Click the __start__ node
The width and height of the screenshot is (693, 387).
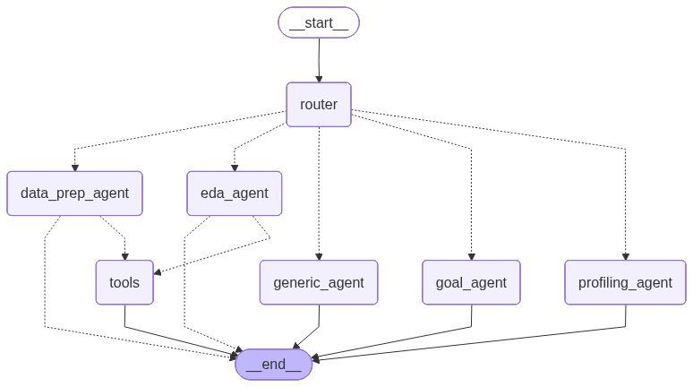(x=319, y=22)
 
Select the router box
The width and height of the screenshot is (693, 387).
(x=319, y=105)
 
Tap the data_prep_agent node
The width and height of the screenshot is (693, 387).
(x=74, y=193)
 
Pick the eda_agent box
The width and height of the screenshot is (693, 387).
(x=234, y=193)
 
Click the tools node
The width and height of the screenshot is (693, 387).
(x=124, y=282)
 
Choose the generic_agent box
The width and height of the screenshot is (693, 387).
(x=319, y=282)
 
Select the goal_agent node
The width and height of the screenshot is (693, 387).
(x=471, y=282)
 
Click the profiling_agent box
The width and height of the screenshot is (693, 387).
(x=625, y=282)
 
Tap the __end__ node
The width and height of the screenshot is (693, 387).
(x=273, y=364)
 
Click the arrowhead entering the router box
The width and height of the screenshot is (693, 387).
(x=319, y=79)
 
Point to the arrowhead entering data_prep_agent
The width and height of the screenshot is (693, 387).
(x=74, y=168)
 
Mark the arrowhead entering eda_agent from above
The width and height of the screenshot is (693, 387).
(x=235, y=168)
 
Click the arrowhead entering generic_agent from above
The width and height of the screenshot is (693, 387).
(x=319, y=256)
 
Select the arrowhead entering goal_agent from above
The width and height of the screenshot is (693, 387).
(x=471, y=256)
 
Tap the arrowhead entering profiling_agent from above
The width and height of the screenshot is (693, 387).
(x=625, y=256)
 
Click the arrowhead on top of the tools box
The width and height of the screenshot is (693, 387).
(x=124, y=256)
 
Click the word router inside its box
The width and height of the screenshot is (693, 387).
(x=319, y=105)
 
